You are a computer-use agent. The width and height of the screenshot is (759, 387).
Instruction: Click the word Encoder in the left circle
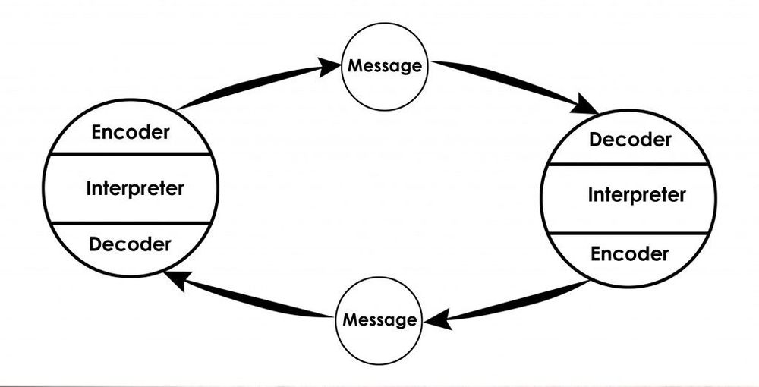pos(130,131)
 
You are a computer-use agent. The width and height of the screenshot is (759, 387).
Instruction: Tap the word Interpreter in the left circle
pos(134,187)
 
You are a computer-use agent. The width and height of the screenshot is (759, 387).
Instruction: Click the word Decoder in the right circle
pos(630,140)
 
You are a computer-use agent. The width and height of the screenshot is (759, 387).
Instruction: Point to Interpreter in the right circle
pos(636,195)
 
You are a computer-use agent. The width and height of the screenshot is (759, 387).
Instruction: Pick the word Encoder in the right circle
pos(630,253)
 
